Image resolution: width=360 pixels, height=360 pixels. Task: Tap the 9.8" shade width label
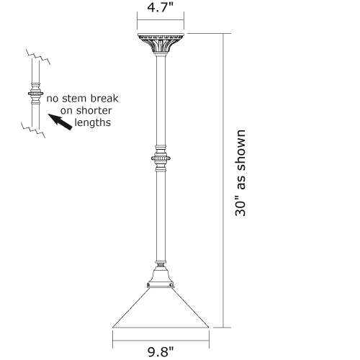(161, 352)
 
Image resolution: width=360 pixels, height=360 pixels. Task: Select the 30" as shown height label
(240, 174)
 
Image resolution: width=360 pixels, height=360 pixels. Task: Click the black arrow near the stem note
(60, 122)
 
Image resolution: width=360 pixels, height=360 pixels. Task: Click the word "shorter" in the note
(94, 110)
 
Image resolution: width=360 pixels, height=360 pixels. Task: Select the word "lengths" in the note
(93, 122)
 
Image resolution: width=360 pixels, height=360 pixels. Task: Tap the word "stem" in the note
(75, 99)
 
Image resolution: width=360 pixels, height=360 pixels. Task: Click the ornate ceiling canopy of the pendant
(161, 43)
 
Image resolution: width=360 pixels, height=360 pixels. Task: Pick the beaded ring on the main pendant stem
(161, 158)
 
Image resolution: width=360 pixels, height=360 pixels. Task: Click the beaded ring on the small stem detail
(35, 93)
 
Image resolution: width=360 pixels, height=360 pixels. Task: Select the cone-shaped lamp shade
(161, 307)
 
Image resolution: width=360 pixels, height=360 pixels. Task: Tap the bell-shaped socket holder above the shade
(161, 276)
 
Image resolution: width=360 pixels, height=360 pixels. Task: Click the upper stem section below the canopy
(161, 100)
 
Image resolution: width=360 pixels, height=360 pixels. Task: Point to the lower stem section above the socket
(161, 216)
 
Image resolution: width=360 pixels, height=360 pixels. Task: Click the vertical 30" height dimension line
(223, 181)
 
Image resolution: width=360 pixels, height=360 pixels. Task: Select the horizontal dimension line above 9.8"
(161, 341)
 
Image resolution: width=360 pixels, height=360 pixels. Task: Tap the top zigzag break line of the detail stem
(38, 57)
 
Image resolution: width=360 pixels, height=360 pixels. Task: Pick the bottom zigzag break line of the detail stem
(33, 130)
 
